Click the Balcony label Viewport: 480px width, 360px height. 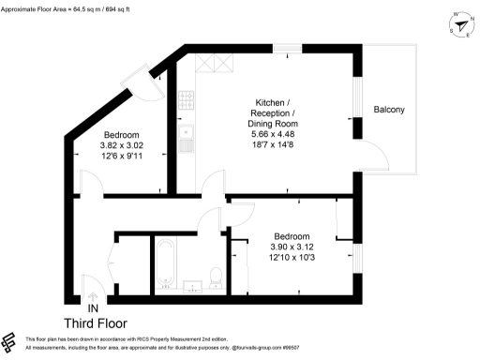(389, 111)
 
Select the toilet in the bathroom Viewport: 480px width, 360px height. (216, 277)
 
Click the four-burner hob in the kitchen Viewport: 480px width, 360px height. (186, 98)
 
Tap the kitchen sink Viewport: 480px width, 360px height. (187, 140)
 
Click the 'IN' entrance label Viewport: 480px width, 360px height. (93, 308)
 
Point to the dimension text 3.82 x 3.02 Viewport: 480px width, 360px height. (122, 145)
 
